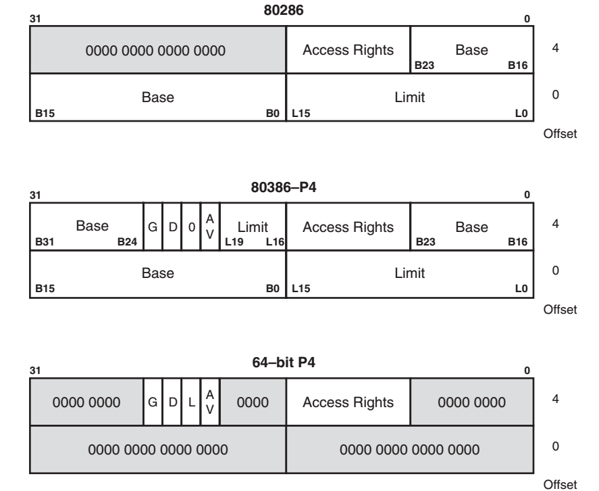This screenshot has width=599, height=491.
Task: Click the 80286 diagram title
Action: click(284, 10)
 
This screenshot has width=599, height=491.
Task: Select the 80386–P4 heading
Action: click(284, 187)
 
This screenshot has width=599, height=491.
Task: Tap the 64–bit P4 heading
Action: click(284, 363)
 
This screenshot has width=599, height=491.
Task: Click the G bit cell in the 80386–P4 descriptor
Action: click(153, 227)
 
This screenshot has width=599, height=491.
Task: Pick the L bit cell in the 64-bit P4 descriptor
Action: click(191, 402)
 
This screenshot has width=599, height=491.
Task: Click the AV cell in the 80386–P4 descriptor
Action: click(210, 227)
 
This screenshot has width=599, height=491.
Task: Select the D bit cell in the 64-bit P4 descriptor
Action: click(173, 402)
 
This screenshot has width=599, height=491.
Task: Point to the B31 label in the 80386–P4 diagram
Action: click(45, 242)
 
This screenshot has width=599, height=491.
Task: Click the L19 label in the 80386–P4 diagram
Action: click(234, 242)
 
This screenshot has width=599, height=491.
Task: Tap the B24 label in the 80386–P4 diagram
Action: click(127, 242)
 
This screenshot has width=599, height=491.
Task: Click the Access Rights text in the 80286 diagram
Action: click(348, 50)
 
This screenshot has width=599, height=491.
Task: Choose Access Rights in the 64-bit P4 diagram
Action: click(348, 402)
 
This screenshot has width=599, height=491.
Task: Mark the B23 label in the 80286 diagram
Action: click(424, 66)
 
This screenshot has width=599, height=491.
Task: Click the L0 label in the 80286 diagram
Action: click(521, 113)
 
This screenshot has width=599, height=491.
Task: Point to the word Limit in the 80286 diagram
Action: click(409, 97)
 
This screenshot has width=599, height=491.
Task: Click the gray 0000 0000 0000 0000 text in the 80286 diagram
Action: click(155, 51)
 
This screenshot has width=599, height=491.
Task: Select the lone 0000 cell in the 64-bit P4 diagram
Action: click(253, 402)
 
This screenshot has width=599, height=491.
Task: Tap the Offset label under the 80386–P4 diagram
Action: click(560, 309)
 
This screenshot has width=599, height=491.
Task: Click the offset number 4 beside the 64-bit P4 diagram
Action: click(556, 399)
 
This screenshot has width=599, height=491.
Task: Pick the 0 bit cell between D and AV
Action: click(191, 227)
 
